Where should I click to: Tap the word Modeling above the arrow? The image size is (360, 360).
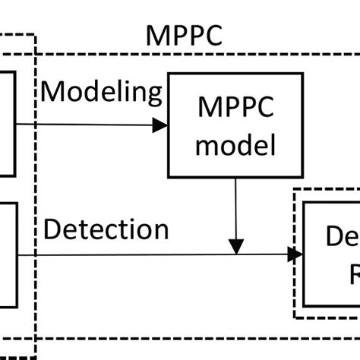tap(102, 93)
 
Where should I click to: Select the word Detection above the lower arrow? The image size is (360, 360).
tap(106, 230)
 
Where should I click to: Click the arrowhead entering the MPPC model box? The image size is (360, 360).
tap(160, 126)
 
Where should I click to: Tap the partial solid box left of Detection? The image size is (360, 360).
tap(8, 251)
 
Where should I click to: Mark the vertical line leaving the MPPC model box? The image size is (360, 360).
tap(236, 205)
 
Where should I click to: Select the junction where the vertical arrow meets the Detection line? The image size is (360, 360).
tap(236, 255)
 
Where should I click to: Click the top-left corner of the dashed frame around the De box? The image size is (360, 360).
tap(294, 191)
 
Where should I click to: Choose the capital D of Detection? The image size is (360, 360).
tap(52, 230)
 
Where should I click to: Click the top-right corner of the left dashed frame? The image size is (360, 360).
tap(35, 34)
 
